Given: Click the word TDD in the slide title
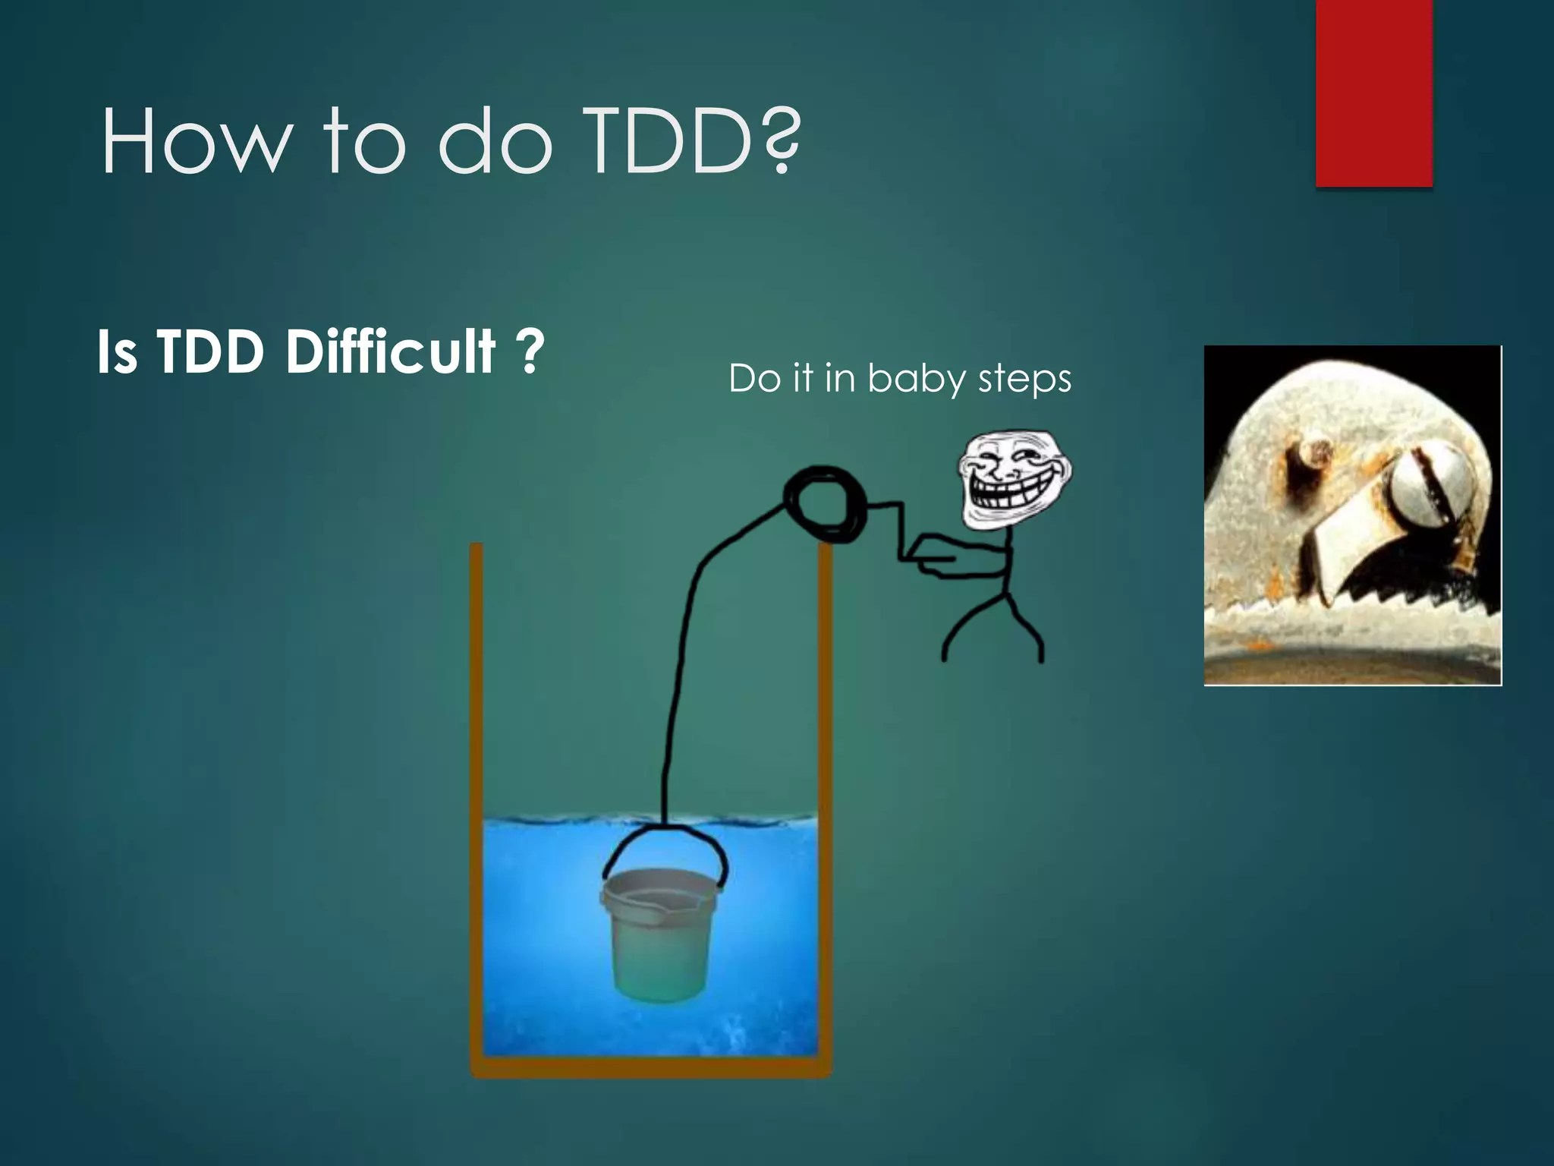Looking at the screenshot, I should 668,141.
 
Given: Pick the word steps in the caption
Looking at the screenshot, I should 1024,379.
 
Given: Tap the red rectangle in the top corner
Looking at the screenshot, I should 1373,91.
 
